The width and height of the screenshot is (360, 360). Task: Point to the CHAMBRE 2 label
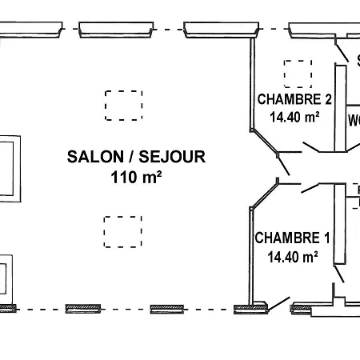point(294,100)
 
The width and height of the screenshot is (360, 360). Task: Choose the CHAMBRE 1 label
point(292,238)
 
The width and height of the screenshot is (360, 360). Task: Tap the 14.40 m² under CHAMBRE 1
point(292,256)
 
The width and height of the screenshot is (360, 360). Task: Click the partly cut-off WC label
point(354,121)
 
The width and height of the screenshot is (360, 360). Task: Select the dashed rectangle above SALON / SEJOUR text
point(123,105)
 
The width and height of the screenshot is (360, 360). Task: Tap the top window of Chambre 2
point(310,31)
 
